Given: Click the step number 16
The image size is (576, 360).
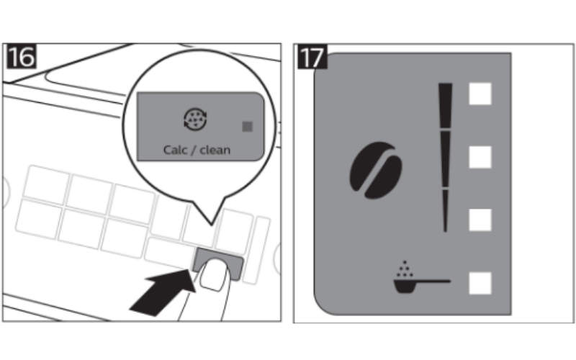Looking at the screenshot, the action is pos(22,56).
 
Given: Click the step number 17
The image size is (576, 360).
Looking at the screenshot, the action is pos(312,56).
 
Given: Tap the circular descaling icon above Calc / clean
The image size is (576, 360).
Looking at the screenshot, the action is pos(195,120).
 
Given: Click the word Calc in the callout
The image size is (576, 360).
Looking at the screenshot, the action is pos(175,150).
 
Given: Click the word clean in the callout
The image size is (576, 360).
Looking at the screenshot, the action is pos(215,150).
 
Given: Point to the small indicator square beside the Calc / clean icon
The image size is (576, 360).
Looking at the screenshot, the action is pos(247,127).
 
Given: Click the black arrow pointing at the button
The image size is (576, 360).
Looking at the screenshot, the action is pos(161,293).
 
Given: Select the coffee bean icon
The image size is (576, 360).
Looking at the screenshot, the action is pos(375,170).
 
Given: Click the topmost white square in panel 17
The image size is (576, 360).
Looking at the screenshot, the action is pos(480,94).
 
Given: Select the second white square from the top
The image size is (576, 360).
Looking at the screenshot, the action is pos(480,157).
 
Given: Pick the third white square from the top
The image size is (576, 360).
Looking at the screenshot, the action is pos(480,220).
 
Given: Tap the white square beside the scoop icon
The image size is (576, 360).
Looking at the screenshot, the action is pos(480,283).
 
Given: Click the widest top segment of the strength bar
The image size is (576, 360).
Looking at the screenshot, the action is pos(445,106).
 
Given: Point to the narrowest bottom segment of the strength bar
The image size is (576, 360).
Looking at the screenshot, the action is pos(445,211).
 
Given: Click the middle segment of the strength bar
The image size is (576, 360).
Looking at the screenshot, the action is pos(445,159).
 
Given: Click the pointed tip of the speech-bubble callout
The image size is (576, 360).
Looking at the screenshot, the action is pos(211,225).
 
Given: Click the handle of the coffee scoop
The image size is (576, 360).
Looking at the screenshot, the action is pos(433,282).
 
